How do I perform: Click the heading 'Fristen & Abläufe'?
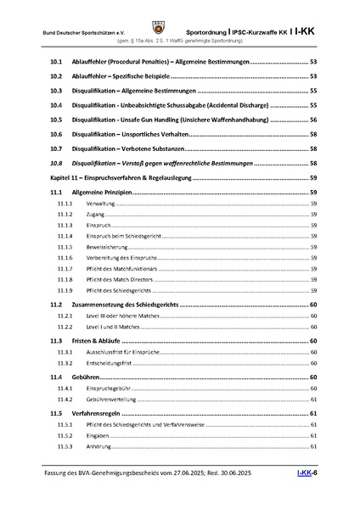(101, 339)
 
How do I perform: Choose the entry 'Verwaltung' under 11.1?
(103, 204)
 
